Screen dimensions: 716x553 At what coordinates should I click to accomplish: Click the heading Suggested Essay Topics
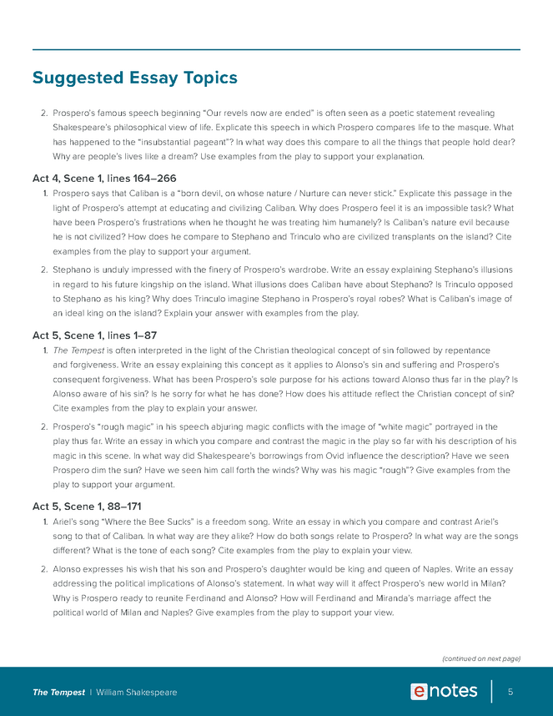click(x=135, y=78)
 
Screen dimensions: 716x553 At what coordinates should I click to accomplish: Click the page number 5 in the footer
click(x=510, y=692)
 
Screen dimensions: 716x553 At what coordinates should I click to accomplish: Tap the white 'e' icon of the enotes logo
click(x=420, y=692)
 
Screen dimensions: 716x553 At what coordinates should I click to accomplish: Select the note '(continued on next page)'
click(x=480, y=658)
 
